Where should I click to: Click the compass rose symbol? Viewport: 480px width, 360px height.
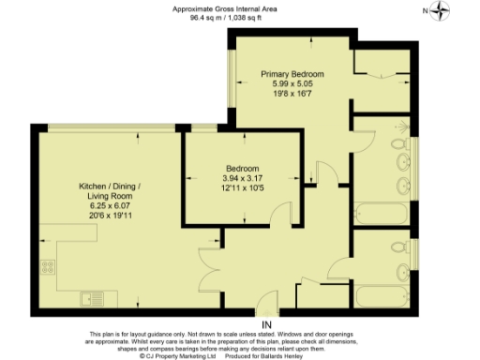pos(440,11)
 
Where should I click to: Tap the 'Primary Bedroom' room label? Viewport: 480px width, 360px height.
pos(292,73)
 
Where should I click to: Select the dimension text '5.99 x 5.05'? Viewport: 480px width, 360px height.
pos(292,83)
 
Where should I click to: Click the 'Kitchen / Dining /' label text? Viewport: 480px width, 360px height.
pos(109,187)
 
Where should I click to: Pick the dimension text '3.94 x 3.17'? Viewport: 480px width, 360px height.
pos(241,178)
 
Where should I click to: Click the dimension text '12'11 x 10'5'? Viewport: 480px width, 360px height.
pos(241,187)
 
